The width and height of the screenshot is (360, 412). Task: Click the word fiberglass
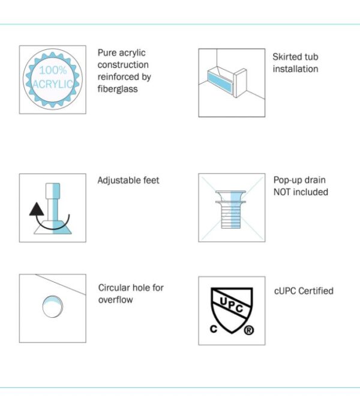(118, 89)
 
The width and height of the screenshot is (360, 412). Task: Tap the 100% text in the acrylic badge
(53, 70)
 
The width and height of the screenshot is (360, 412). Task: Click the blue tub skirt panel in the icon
(220, 82)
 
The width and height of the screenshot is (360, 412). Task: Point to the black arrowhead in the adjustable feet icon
(37, 209)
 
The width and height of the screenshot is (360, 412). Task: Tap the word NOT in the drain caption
(282, 192)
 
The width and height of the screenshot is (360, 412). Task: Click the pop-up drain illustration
(231, 210)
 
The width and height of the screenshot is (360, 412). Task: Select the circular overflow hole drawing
(53, 306)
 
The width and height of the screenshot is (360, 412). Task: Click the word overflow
(116, 300)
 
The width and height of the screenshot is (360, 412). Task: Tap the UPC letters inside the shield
(232, 304)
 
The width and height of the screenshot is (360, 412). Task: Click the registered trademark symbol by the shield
(248, 330)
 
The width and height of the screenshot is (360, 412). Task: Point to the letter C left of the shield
(214, 329)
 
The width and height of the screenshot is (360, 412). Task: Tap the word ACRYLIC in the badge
(53, 84)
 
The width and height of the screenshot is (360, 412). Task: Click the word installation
(295, 69)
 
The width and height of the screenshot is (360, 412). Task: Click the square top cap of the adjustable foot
(53, 191)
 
